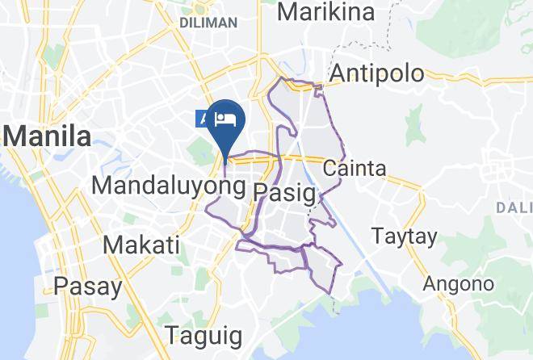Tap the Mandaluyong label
click(168, 186)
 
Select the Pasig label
click(283, 191)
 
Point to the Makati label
click(141, 244)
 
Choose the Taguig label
click(203, 334)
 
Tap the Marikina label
click(326, 12)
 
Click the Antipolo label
click(377, 73)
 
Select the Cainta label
click(354, 170)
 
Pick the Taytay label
click(404, 237)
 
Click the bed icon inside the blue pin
click(227, 120)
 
